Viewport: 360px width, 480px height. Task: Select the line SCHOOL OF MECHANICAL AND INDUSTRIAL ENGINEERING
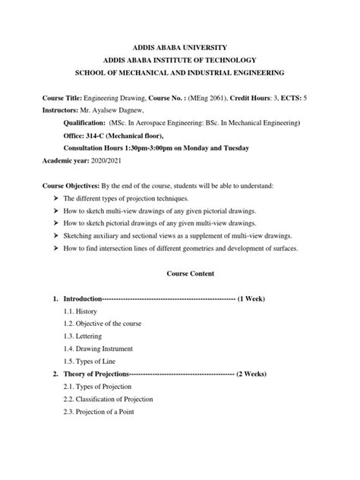tap(179, 73)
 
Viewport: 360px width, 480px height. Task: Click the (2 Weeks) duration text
tap(251, 374)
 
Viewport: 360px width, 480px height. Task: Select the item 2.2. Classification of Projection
tap(109, 399)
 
